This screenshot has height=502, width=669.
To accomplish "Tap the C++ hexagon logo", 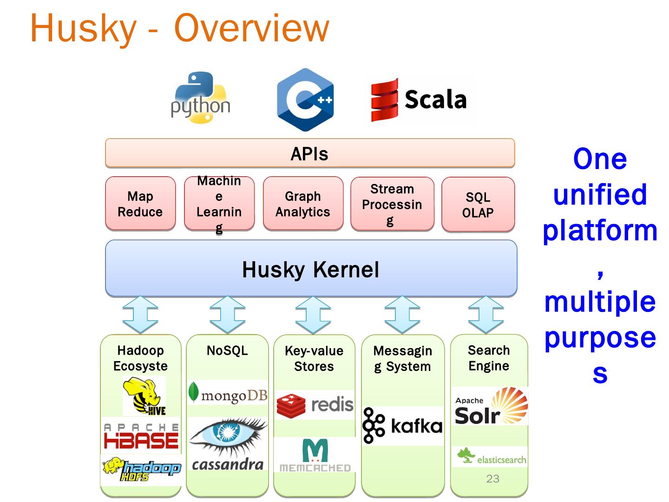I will [x=305, y=99].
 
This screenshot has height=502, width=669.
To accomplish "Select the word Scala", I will [x=435, y=99].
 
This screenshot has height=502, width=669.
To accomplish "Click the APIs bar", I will [x=310, y=153].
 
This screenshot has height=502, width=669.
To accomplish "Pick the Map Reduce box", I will [x=140, y=204].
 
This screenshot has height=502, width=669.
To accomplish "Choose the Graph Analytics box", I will [x=303, y=204].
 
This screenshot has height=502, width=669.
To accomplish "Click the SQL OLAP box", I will [x=478, y=205].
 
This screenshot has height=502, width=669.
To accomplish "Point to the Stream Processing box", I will [x=392, y=204].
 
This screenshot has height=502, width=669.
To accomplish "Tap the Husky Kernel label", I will [x=310, y=270].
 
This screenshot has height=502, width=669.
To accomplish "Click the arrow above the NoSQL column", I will [x=227, y=315].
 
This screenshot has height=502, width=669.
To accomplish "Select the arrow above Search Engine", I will [x=486, y=315].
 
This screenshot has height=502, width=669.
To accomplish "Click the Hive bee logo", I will [x=144, y=396].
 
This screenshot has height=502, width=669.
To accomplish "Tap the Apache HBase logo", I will [x=141, y=436].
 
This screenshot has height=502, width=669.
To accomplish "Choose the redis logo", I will [x=315, y=404].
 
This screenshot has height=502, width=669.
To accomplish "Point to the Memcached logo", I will [x=315, y=455].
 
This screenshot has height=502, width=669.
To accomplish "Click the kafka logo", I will [x=402, y=425].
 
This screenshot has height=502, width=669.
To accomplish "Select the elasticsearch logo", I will [x=492, y=457].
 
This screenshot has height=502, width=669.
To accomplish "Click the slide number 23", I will [x=492, y=479].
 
